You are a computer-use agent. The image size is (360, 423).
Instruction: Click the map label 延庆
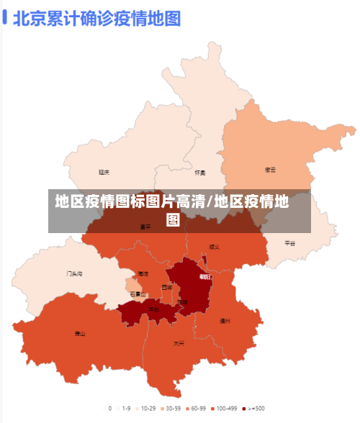[104, 173]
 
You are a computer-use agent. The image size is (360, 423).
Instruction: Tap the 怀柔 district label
[200, 173]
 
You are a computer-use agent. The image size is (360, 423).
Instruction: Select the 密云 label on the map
[271, 170]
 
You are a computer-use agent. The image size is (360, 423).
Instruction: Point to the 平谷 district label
[289, 243]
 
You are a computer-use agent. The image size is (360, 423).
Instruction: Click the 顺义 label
[214, 247]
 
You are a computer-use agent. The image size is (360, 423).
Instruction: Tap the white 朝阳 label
[205, 276]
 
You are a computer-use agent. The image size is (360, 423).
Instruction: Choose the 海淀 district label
[143, 274]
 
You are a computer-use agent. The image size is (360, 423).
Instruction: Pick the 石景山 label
[138, 294]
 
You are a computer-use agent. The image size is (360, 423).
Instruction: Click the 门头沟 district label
[75, 273]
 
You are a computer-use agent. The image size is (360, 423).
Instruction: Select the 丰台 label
[154, 309]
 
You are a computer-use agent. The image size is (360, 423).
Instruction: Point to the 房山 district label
[80, 333]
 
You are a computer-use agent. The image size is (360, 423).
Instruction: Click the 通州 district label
[225, 321]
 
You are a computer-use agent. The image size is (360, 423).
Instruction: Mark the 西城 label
[167, 287]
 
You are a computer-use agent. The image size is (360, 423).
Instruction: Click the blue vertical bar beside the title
[5, 17]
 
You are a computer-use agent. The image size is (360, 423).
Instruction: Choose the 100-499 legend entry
[225, 408]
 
